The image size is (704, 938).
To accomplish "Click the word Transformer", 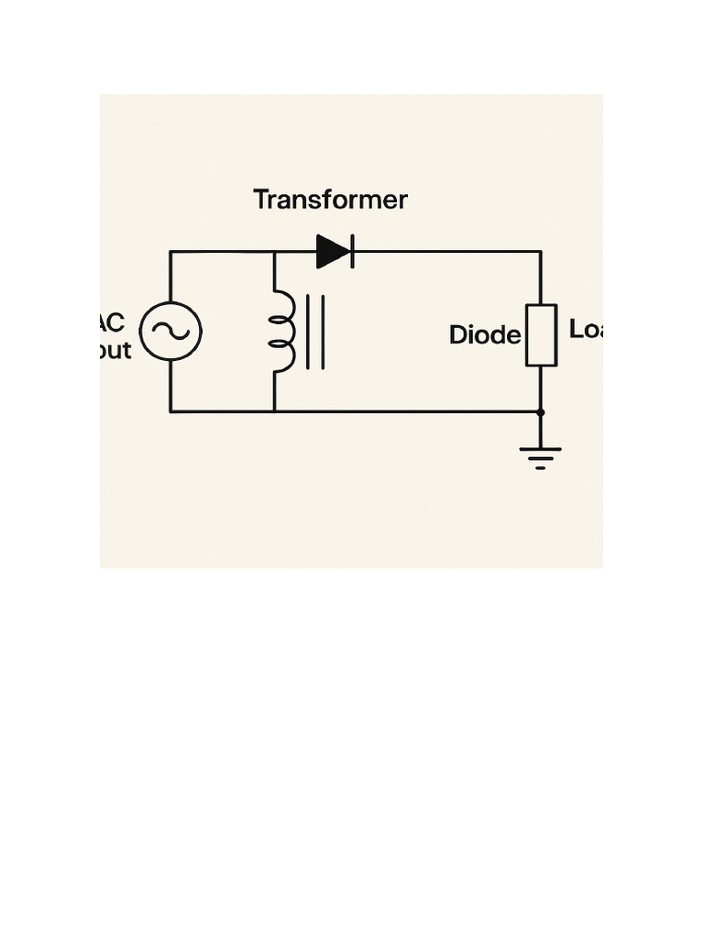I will coord(330,200).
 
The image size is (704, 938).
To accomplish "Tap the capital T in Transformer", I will coord(261,200).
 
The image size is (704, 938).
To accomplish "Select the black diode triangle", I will coord(331,251).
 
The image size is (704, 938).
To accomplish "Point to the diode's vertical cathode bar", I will coord(352,251).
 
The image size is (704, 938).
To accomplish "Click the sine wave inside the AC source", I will coord(170,332).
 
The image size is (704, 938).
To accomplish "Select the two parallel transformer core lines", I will coord(315,332).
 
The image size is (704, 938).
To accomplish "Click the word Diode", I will coord(484,335).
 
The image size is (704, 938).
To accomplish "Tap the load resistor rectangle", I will coord(541,335).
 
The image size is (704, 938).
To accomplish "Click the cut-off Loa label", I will coord(585,330).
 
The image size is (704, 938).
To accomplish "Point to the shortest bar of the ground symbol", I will coord(541,468).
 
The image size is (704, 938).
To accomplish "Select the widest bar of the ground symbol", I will coord(541,449).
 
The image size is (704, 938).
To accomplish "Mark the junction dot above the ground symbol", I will coord(541,412).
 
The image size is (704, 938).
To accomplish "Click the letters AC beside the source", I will coord(112,323).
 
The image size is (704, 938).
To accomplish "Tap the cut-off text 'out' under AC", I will coord(115,350).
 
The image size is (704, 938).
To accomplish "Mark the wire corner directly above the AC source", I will coord(170,251).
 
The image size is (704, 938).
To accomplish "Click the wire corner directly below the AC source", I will coord(170,412).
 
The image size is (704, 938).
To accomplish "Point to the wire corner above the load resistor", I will coord(541,251).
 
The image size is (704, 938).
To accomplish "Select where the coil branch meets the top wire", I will coord(274,251).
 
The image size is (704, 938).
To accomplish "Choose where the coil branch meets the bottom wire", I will coord(274,412).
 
